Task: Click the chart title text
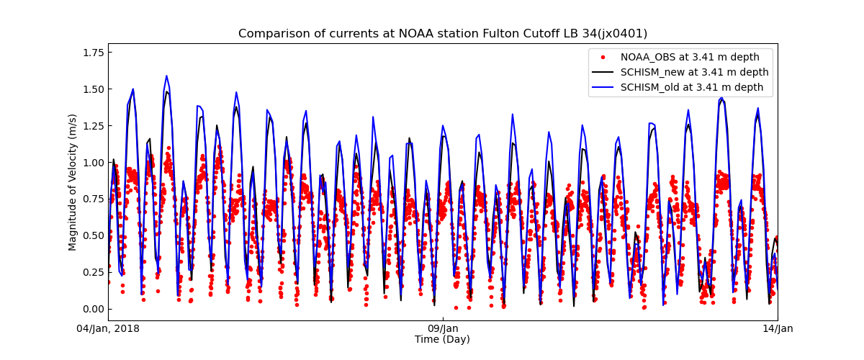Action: pyautogui.click(x=443, y=34)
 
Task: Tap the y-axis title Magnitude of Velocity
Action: pyautogui.click(x=73, y=182)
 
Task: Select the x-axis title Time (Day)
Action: pyautogui.click(x=442, y=339)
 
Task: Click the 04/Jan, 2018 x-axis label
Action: pyautogui.click(x=108, y=329)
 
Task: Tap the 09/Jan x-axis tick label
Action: pyautogui.click(x=443, y=329)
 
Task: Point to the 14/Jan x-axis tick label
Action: pyautogui.click(x=777, y=329)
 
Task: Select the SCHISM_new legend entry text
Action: pyautogui.click(x=694, y=72)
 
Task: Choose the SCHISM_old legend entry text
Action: pyautogui.click(x=692, y=87)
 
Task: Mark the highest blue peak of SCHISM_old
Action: pyautogui.click(x=166, y=76)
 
